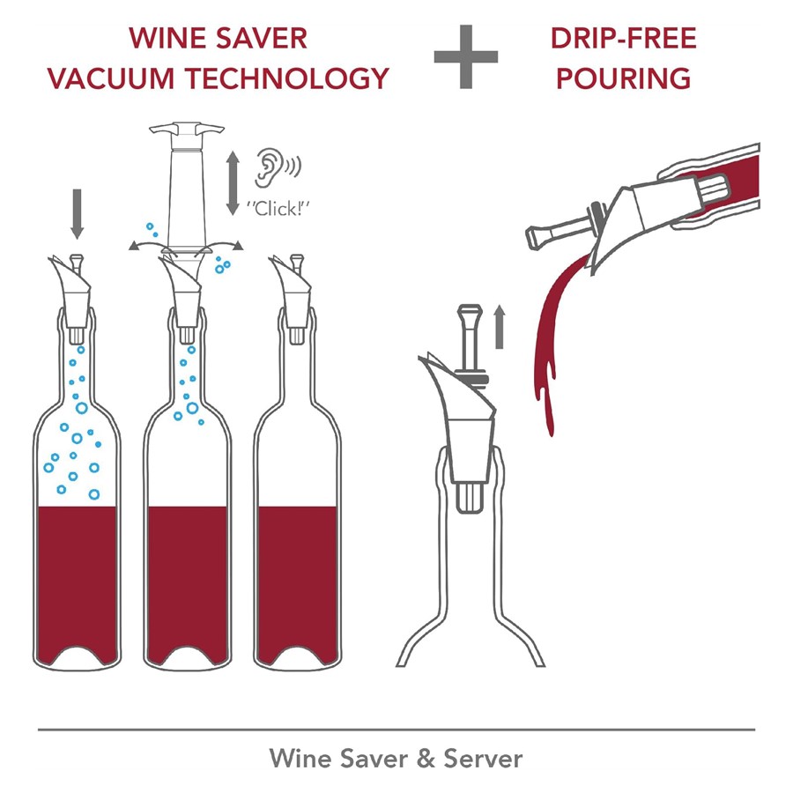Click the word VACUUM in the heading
(x=112, y=78)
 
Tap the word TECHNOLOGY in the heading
(x=286, y=78)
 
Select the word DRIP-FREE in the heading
(x=624, y=39)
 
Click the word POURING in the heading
(x=624, y=78)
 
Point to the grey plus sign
(x=466, y=56)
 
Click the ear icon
(x=269, y=167)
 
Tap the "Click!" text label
(x=278, y=208)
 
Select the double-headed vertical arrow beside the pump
(x=233, y=183)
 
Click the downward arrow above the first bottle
(x=77, y=213)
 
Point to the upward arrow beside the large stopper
(x=500, y=326)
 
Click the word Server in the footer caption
(x=483, y=759)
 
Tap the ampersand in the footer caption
(x=426, y=759)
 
